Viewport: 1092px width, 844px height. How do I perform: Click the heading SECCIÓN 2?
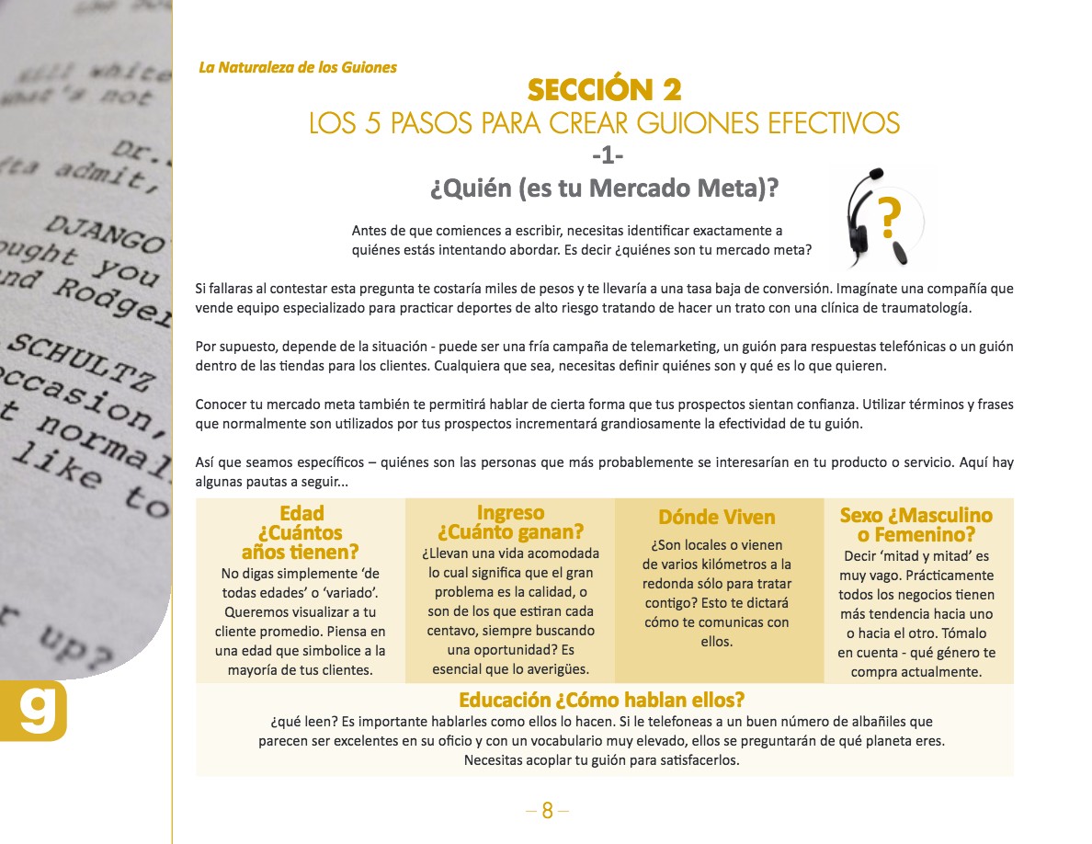point(604,89)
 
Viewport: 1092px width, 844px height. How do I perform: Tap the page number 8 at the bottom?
point(547,810)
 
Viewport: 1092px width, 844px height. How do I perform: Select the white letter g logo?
point(38,710)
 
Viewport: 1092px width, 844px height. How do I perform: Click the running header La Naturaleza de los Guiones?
point(298,67)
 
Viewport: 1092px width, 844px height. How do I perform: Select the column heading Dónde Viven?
point(717,517)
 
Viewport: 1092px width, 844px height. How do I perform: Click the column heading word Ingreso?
point(510,513)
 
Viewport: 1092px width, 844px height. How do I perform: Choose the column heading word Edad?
point(301,513)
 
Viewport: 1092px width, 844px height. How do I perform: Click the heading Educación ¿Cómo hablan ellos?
point(601,699)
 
